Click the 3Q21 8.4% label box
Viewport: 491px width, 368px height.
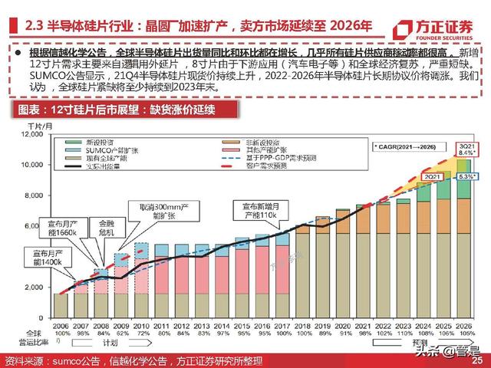(465, 148)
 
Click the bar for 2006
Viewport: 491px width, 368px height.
(60, 305)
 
